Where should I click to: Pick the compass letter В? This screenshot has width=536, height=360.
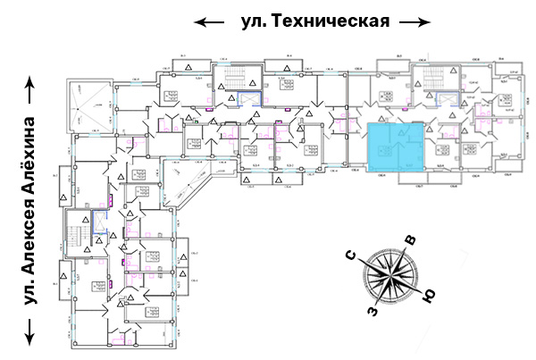(410, 239)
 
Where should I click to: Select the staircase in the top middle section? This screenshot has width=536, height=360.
(235, 88)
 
